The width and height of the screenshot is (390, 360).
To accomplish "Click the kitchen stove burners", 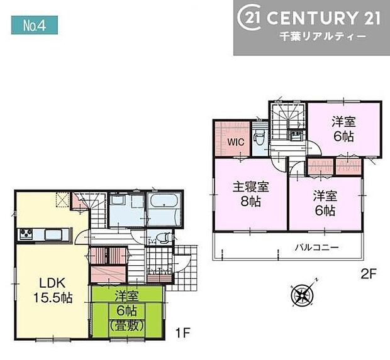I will (27, 235).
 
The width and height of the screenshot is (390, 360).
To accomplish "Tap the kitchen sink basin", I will (52, 235).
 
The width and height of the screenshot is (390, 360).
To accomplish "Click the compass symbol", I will (301, 295).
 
